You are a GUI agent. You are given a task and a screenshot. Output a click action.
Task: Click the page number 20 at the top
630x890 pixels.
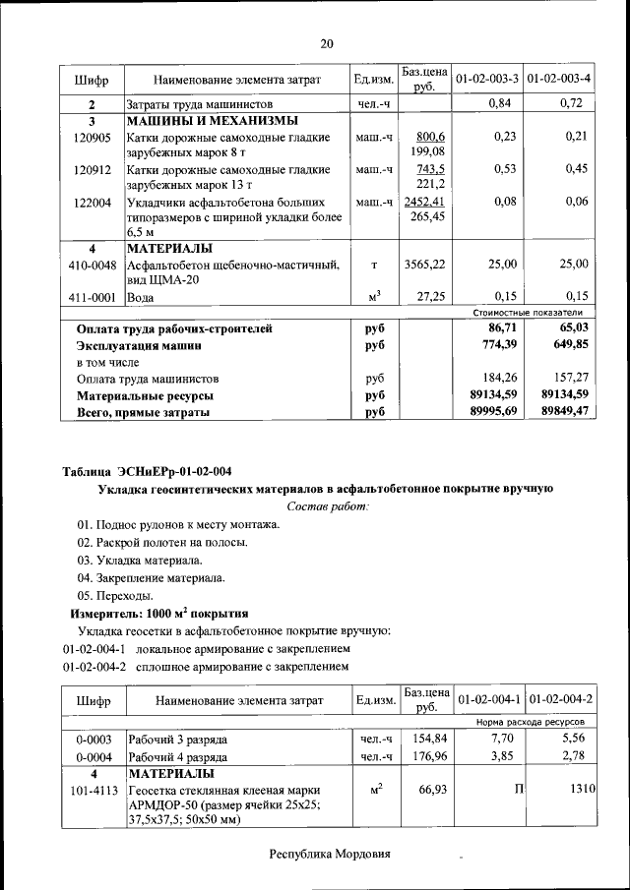tap(327, 43)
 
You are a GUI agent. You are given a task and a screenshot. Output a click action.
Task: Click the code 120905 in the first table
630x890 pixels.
tap(92, 138)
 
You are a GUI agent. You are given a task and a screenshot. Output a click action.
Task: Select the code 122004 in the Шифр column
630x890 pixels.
tap(92, 202)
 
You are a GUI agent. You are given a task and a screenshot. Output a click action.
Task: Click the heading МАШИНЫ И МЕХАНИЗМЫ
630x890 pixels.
tap(212, 120)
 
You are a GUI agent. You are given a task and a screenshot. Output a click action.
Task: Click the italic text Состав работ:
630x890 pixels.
tap(327, 505)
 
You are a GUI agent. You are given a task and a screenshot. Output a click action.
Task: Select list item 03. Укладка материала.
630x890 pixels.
tap(140, 560)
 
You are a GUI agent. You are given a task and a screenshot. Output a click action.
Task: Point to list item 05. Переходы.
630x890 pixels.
tap(115, 595)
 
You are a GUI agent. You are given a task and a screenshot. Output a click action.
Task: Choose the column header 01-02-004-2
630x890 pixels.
tap(560, 699)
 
